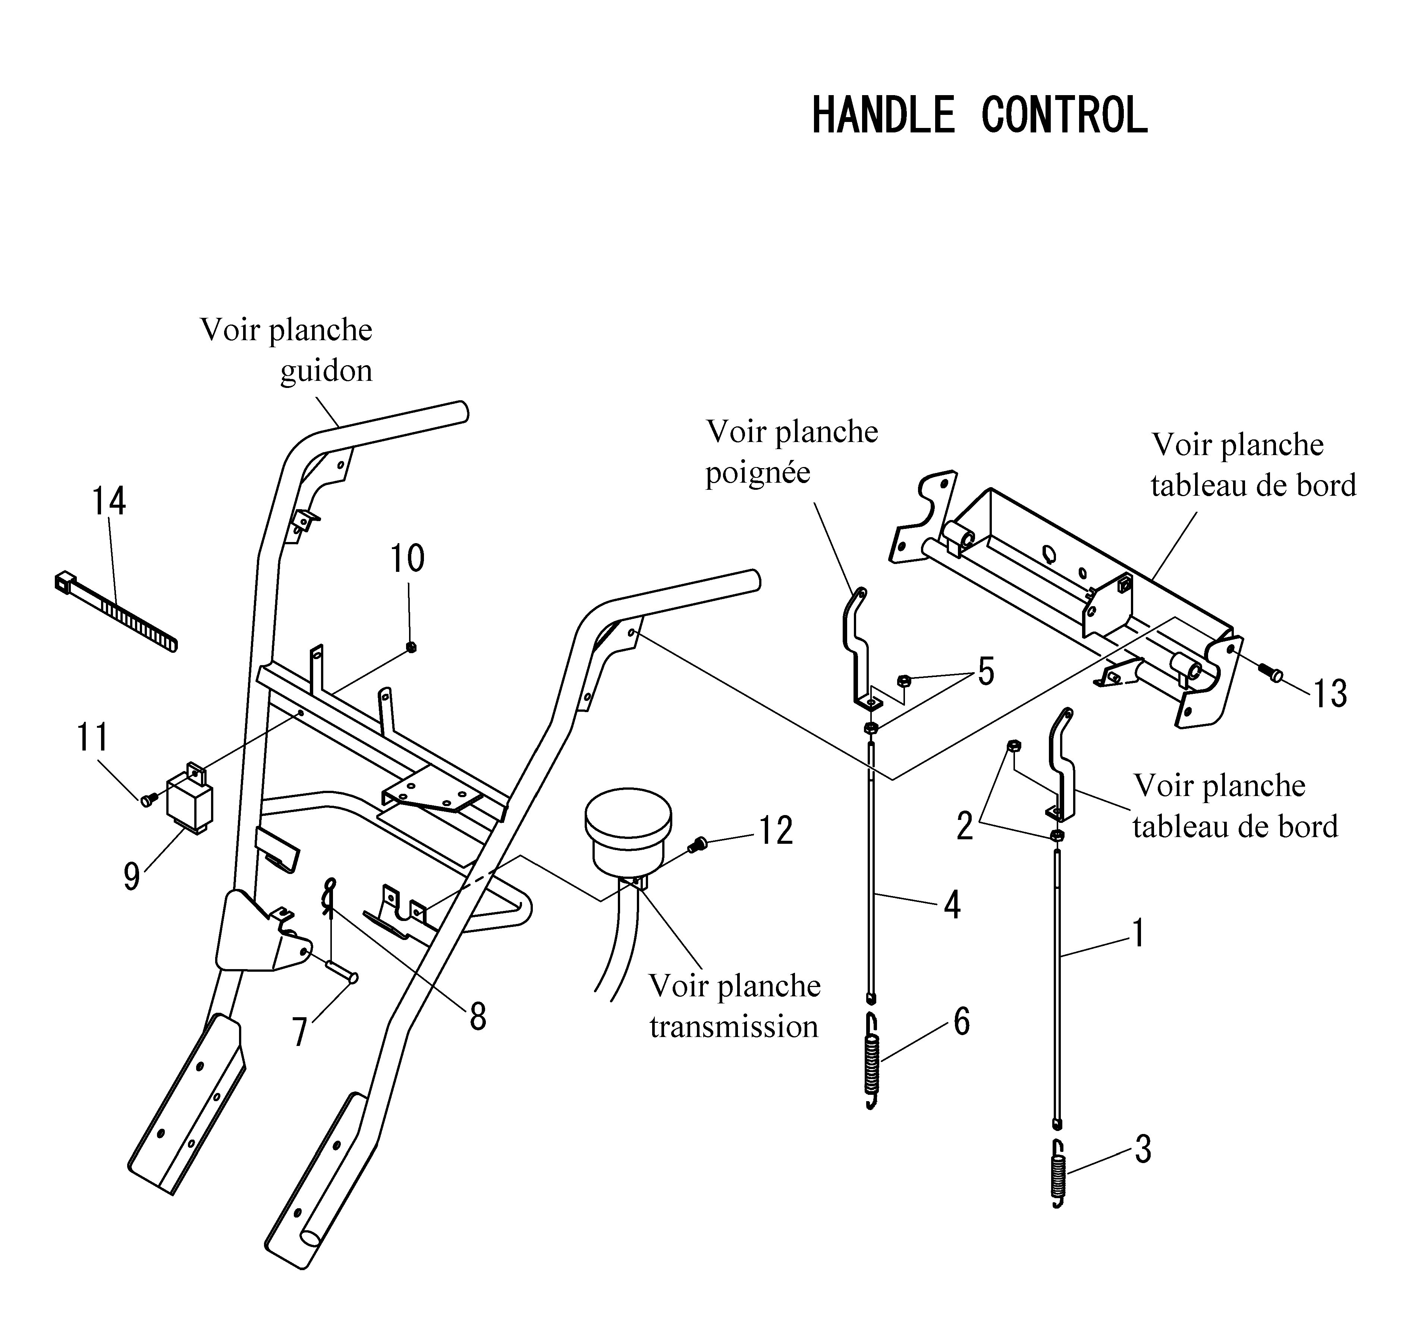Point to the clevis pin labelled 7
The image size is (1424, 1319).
pyautogui.click(x=342, y=971)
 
